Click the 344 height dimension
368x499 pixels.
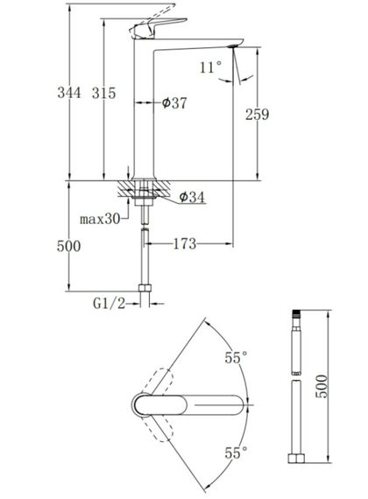(69, 93)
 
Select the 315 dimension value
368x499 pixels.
(104, 93)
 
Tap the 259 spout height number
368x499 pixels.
(257, 115)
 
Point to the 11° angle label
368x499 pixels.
(210, 67)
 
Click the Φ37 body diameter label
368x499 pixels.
(174, 102)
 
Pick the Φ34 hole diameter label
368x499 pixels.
(192, 197)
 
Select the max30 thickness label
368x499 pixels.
(100, 219)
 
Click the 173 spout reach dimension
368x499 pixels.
(185, 243)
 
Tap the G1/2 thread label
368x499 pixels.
(110, 303)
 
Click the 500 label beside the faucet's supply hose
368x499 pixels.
(69, 246)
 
